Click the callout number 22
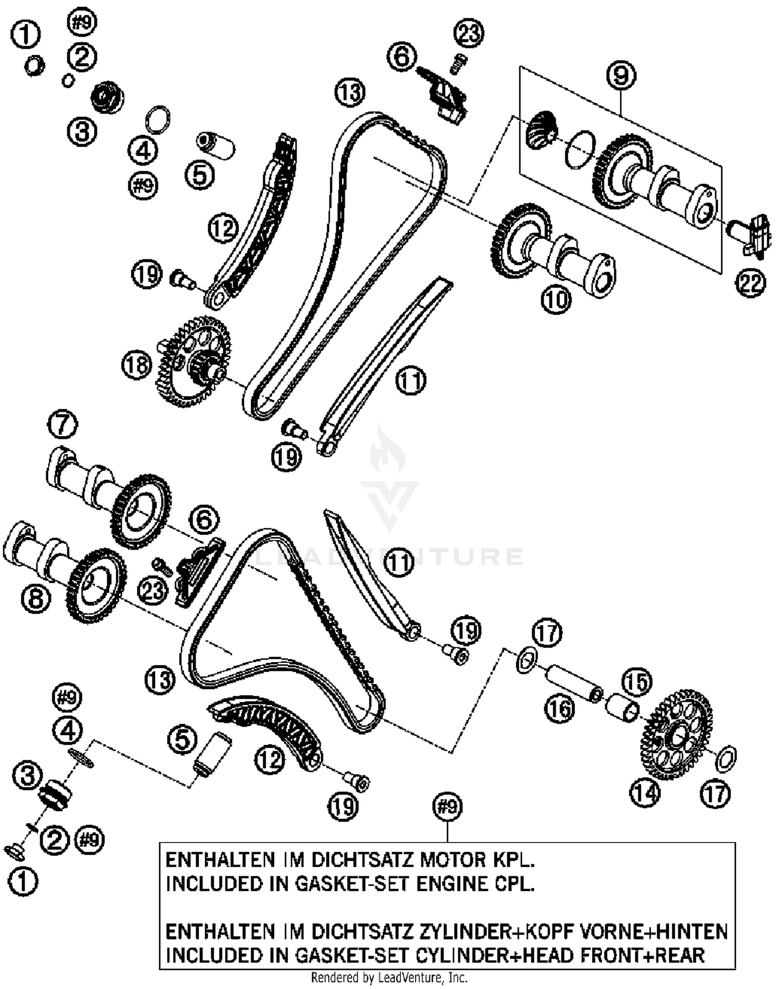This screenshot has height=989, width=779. pos(750,283)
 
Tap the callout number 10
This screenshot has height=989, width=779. pos(556,300)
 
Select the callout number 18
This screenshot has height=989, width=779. pos(137,365)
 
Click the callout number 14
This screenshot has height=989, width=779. pos(645,792)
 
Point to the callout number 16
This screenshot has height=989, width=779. pos(560,709)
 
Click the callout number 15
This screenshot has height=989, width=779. pos(637,682)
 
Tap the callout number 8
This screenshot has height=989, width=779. pos(36,599)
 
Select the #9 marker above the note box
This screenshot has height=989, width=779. pos(447,806)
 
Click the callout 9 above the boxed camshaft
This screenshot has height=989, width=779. pos(621,76)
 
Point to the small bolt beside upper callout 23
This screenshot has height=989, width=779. pos(459,63)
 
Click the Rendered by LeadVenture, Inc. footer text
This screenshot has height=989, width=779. pos(389,978)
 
